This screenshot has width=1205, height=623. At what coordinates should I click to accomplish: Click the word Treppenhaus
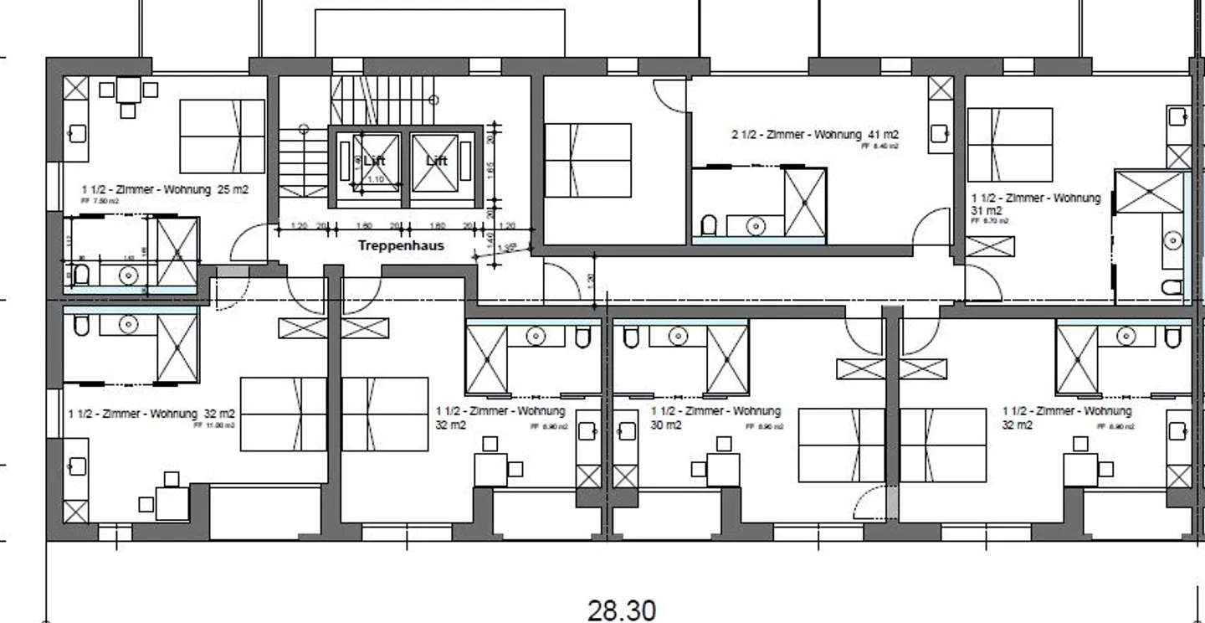coord(401,245)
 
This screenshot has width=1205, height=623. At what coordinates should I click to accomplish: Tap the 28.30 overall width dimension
coord(621,610)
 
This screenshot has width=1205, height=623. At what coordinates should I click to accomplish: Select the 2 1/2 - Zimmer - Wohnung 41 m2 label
coord(815,135)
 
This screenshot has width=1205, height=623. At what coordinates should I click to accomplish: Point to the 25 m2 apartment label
coord(165,190)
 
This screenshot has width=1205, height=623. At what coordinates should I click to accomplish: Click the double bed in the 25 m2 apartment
coord(222,136)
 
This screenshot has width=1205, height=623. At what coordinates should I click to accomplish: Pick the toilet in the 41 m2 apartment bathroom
coord(709,225)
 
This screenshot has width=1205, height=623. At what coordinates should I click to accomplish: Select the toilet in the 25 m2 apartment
coord(81,274)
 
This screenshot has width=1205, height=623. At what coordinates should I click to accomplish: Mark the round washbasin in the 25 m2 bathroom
coord(128,274)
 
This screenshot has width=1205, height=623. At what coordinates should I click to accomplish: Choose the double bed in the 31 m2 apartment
coord(1009,145)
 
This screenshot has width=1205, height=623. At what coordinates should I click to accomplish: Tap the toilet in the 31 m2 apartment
coord(1172,288)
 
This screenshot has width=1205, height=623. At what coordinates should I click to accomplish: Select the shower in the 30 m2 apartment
coord(727,358)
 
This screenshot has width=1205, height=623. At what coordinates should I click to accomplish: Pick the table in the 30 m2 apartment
coord(722,469)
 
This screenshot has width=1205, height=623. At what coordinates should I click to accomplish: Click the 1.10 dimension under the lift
coord(376,179)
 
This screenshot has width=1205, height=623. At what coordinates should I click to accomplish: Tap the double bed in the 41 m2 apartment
coord(587,161)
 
